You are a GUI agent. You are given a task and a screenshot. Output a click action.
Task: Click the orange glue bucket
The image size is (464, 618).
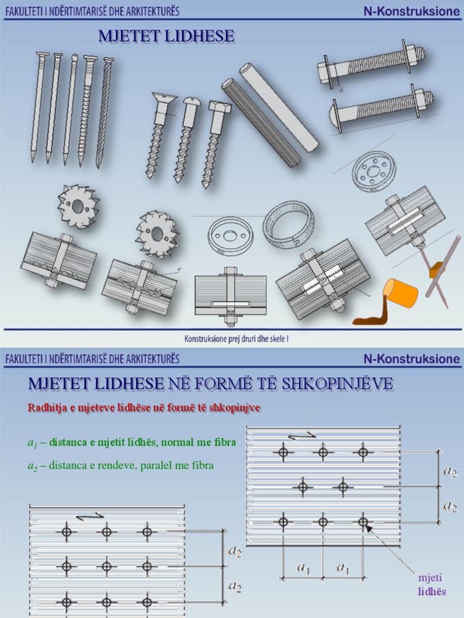coord(401,292)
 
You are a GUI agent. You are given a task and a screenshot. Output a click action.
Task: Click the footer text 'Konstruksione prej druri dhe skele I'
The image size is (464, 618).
coord(232,339)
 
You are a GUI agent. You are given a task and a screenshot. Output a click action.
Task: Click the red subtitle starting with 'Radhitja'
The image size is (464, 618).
coord(144,408)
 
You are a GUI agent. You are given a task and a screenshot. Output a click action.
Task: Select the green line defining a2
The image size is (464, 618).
coord(120,466)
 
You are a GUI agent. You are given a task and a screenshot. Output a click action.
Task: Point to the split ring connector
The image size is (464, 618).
coord(288,224)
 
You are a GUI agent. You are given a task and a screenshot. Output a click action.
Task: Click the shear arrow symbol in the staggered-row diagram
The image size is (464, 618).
coord(301,435)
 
